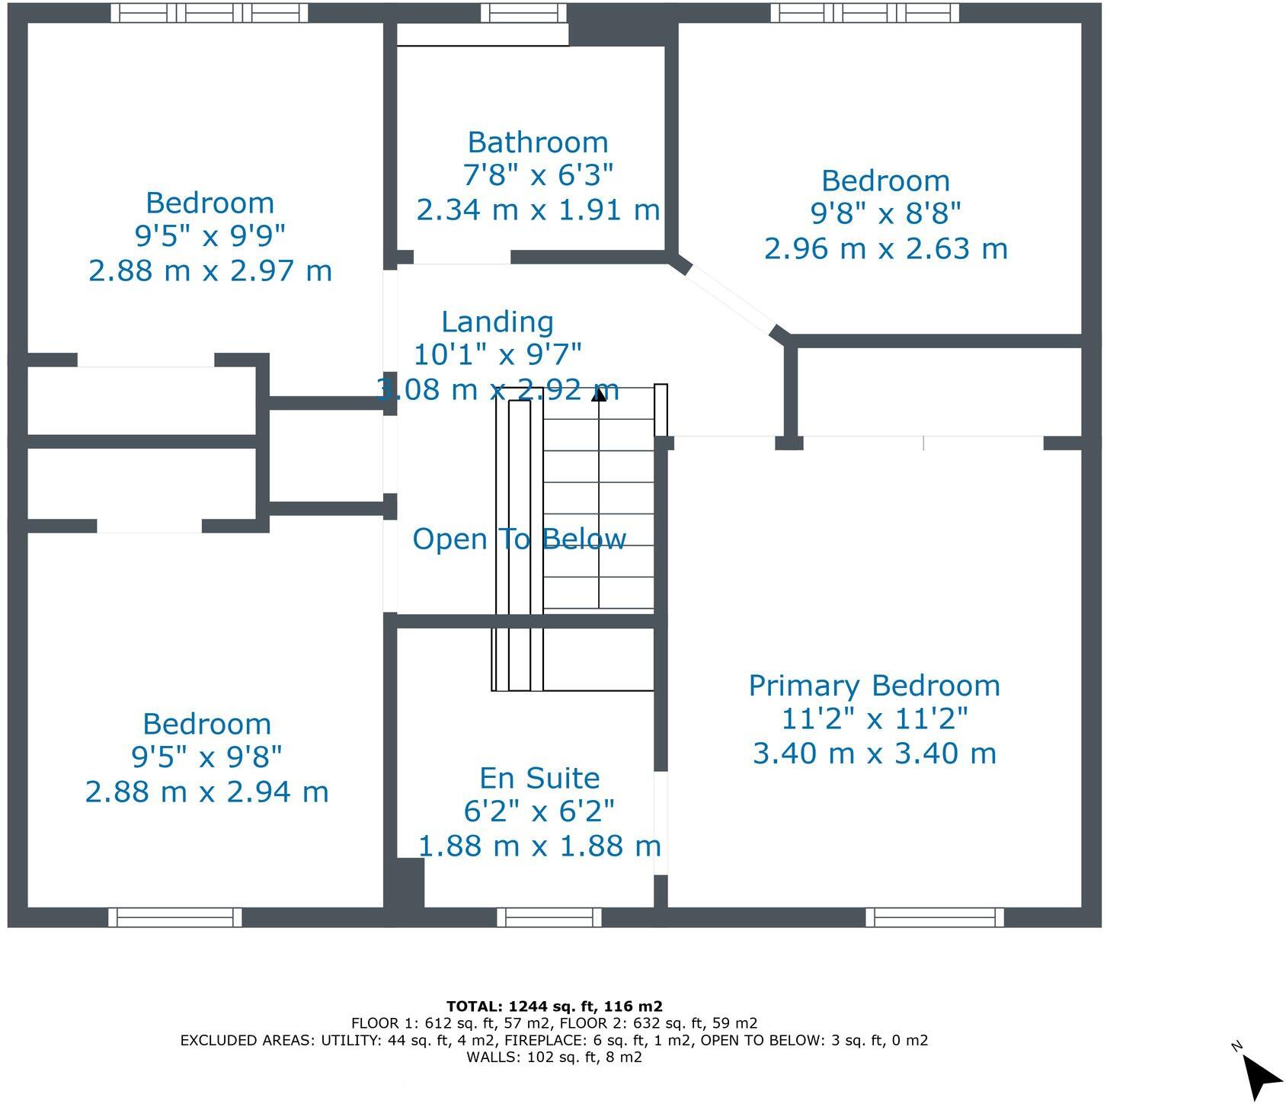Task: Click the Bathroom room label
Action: click(537, 142)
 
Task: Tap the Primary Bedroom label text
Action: click(874, 686)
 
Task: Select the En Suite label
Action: click(539, 778)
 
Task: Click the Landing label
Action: click(497, 322)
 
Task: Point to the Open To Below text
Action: click(519, 539)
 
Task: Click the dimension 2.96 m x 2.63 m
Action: click(885, 248)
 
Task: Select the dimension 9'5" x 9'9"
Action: click(210, 236)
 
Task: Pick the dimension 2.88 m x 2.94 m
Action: click(206, 792)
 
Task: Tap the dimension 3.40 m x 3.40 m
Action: click(874, 754)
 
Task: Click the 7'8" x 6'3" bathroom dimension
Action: click(537, 175)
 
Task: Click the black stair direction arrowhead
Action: click(600, 394)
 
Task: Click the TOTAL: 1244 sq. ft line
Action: click(554, 1006)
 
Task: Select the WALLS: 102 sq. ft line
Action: click(554, 1058)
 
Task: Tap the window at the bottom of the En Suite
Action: click(549, 917)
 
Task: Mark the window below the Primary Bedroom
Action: click(934, 917)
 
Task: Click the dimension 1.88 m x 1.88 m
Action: click(539, 846)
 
